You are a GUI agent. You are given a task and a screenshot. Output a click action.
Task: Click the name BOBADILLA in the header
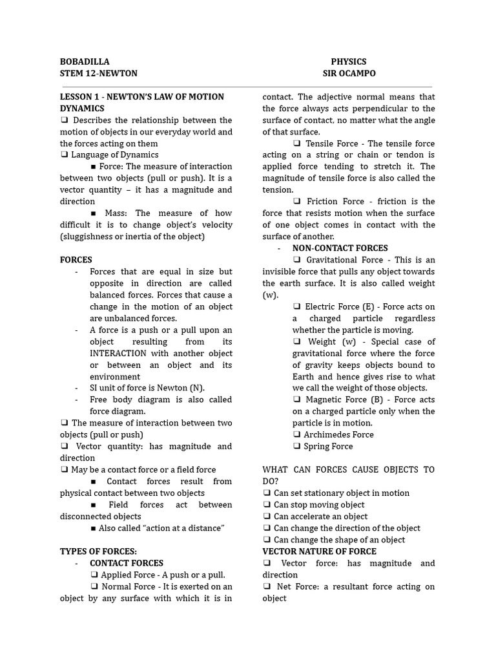coord(85,61)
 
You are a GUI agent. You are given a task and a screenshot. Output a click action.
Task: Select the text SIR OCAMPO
coord(349,73)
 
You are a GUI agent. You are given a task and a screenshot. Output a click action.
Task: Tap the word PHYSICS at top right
coord(349,61)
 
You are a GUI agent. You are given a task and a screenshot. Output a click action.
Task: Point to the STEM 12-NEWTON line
coord(98,73)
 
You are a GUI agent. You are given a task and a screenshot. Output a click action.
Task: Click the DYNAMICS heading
coord(82,109)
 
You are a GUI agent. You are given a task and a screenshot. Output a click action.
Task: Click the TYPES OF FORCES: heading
coord(98,551)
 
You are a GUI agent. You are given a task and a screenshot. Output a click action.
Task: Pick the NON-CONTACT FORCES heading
coord(340,248)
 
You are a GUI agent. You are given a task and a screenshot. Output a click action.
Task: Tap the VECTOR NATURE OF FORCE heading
coord(319,551)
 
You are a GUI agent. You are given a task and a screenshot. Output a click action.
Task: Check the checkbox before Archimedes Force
coord(296,435)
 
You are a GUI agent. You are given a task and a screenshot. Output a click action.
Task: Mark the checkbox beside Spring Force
coord(296,447)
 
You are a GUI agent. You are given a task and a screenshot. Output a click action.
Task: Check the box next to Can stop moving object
coord(267,505)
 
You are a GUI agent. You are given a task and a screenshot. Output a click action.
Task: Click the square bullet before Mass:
coord(94,213)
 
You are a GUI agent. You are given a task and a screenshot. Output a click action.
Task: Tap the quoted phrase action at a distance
coord(174,528)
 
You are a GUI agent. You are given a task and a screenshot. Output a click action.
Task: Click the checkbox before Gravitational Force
coord(296,260)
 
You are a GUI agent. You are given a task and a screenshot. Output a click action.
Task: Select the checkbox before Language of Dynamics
coord(64,155)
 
